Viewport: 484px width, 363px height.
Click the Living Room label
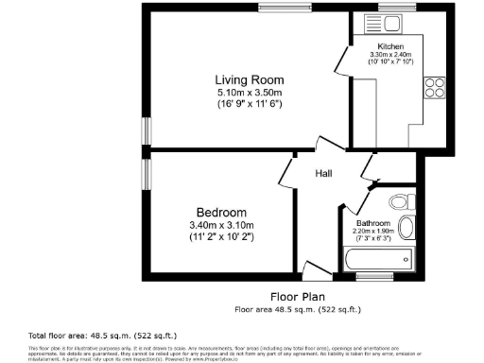[x=249, y=79]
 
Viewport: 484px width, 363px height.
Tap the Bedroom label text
[x=221, y=211]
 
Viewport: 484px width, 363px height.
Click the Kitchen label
[x=390, y=46]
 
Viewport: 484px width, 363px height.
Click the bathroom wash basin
[x=407, y=228]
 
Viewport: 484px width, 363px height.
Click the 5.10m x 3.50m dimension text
[x=249, y=93]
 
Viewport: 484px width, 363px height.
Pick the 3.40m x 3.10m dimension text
[x=221, y=224]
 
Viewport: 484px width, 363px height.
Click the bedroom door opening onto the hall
[x=286, y=171]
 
